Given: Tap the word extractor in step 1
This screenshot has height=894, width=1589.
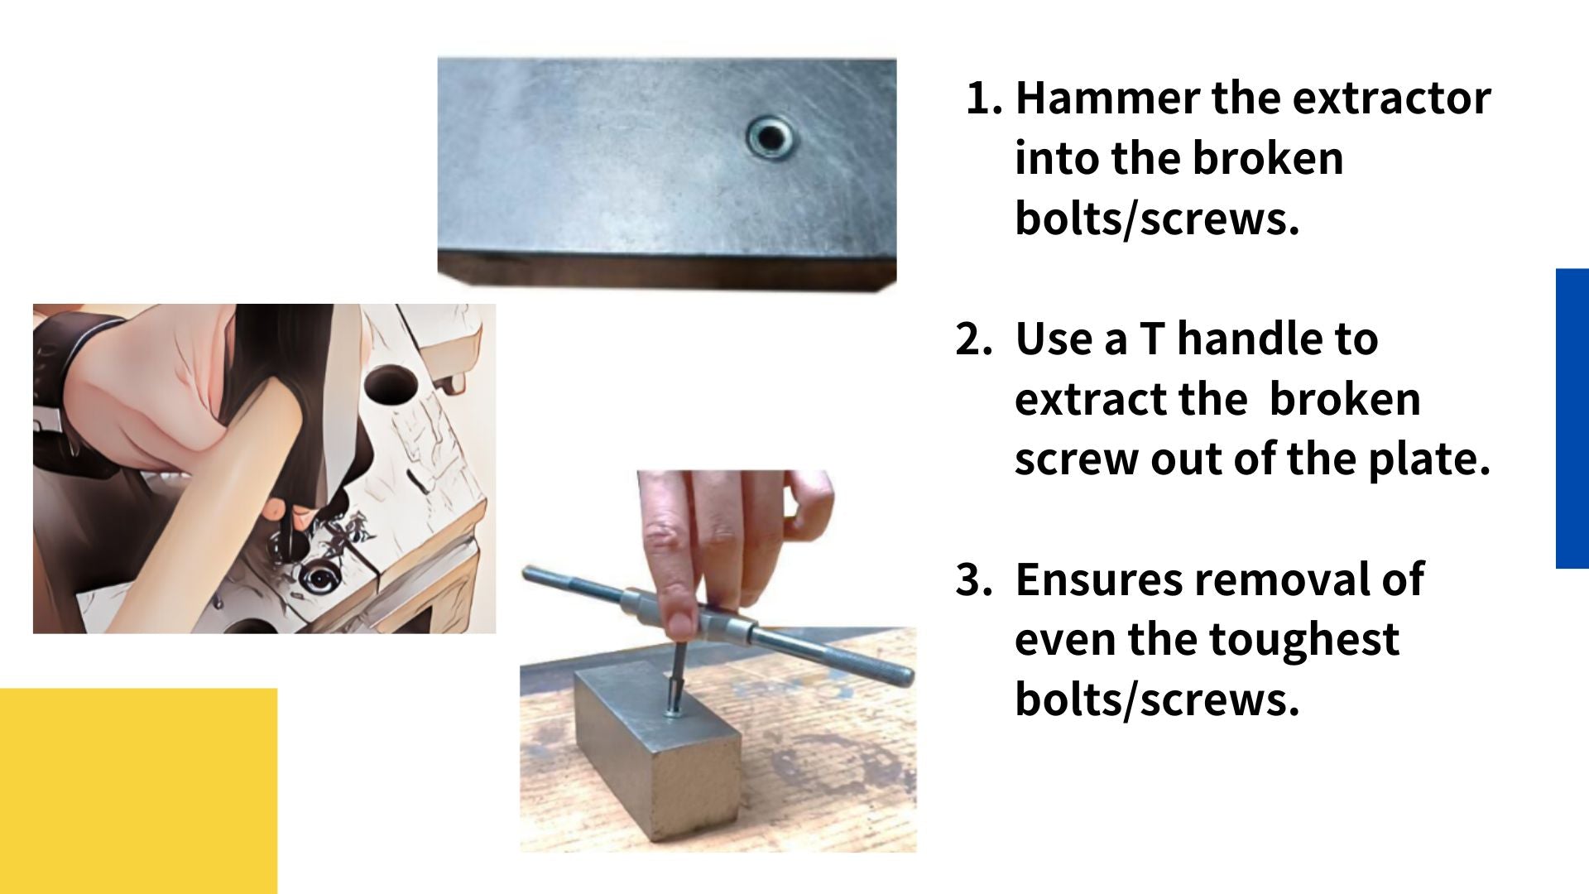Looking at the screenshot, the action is pos(1391,99).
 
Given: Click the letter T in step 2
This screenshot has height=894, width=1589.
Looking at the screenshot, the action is pos(1152,339).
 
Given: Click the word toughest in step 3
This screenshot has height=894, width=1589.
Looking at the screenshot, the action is pos(1304,640).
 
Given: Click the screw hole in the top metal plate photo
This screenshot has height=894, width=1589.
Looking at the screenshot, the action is pos(770,137).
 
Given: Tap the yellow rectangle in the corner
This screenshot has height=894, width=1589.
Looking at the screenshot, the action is pos(138,791).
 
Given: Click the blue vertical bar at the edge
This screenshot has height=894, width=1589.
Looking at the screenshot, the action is pos(1572,418).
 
